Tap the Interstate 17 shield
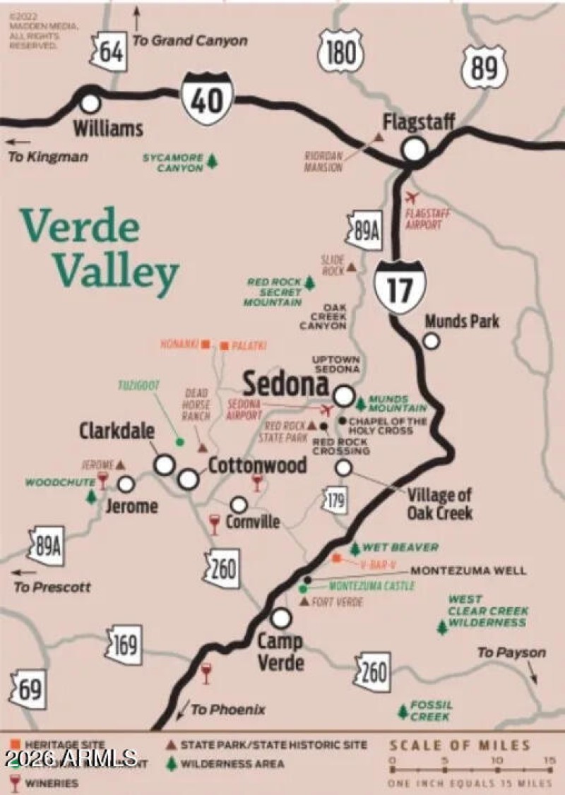point(400,285)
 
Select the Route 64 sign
point(110,52)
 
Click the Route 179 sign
point(336,501)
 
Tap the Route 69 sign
point(29,689)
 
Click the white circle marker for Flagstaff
point(415,149)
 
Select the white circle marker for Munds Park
point(431,341)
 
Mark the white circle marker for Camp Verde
point(281,618)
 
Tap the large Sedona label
point(285,385)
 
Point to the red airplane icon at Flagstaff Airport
point(413,197)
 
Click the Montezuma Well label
point(468,570)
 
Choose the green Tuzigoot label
point(139,385)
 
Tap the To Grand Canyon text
point(190,40)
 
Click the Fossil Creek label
point(430,710)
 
